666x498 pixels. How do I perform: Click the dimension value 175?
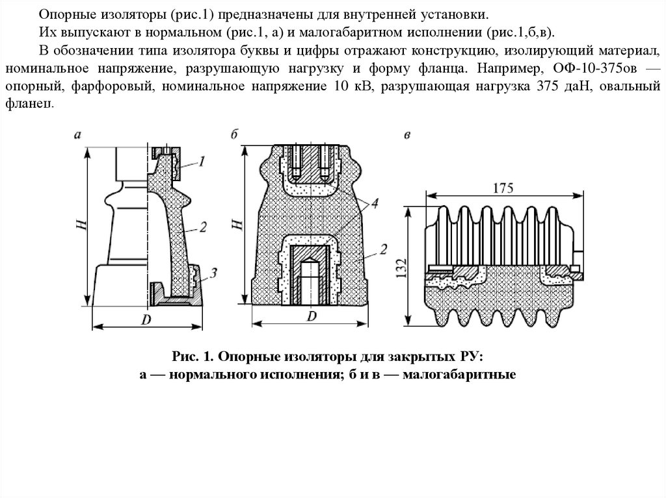click(x=503, y=189)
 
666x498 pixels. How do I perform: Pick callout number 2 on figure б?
click(x=384, y=249)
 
